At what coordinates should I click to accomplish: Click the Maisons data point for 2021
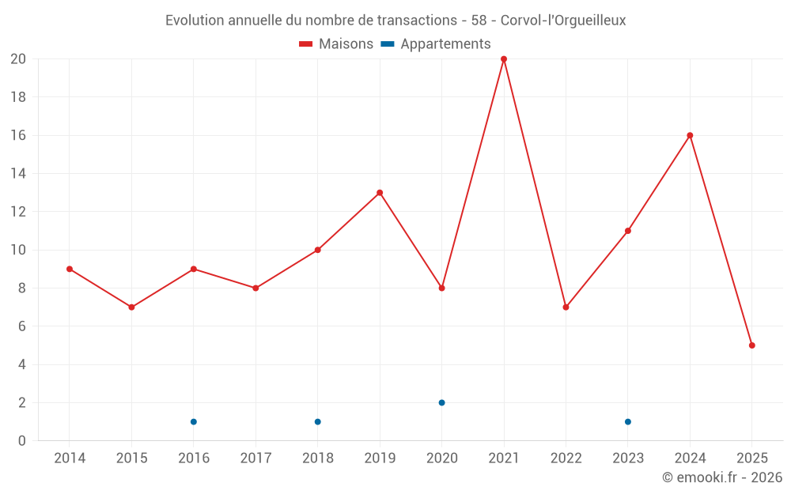(x=504, y=59)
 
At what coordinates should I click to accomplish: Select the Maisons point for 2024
(x=690, y=135)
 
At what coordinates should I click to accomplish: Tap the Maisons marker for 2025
(x=751, y=345)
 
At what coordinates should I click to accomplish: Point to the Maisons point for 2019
(x=380, y=193)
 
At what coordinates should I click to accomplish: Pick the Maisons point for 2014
(x=70, y=269)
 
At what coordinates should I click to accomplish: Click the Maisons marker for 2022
(x=566, y=307)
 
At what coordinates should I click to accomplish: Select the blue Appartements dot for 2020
(x=441, y=403)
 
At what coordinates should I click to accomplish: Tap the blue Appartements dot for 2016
(x=194, y=422)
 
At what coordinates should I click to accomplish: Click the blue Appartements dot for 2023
(x=628, y=422)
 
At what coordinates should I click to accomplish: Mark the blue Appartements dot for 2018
(x=317, y=422)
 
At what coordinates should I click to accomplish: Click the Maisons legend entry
(x=336, y=44)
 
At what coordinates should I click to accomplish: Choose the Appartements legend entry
(x=436, y=44)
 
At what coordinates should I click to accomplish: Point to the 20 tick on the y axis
(x=18, y=59)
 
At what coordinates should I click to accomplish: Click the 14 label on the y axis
(x=18, y=174)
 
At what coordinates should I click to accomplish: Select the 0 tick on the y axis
(x=22, y=441)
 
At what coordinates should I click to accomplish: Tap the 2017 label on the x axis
(x=255, y=458)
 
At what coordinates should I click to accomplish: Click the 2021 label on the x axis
(x=504, y=458)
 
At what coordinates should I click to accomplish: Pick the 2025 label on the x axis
(x=751, y=458)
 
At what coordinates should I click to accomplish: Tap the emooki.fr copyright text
(x=722, y=477)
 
